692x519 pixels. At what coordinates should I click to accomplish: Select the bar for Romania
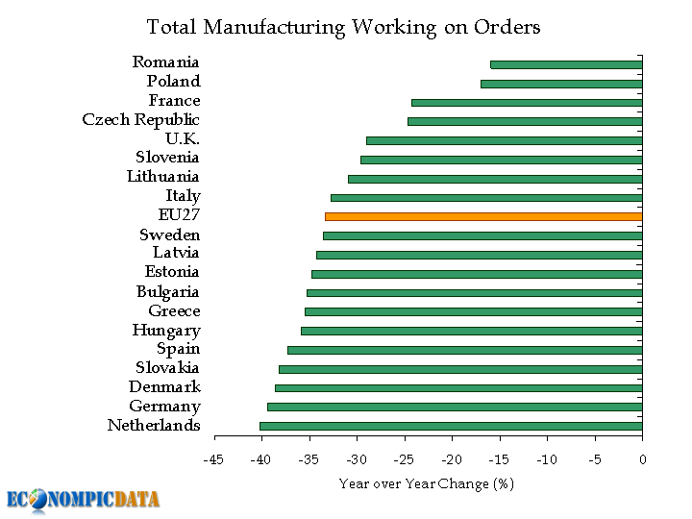click(566, 64)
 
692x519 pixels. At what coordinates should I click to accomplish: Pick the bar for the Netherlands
click(451, 426)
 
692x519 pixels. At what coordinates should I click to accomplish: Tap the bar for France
click(527, 102)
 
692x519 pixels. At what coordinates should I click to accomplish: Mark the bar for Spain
click(464, 350)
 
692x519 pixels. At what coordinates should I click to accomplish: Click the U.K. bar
click(504, 140)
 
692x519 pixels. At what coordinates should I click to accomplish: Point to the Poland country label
click(173, 82)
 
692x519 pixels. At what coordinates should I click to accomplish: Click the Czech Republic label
click(141, 120)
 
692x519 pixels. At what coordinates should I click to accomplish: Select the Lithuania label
click(162, 177)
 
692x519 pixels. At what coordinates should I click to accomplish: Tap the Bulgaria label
click(167, 292)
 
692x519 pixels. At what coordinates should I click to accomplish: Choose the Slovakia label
click(167, 368)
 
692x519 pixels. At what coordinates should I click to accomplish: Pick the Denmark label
click(164, 387)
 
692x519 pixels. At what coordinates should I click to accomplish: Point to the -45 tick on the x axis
click(213, 460)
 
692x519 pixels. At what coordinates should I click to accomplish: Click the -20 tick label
click(452, 460)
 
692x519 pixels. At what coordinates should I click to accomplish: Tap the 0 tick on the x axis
click(642, 460)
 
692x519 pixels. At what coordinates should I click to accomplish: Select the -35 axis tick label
click(309, 460)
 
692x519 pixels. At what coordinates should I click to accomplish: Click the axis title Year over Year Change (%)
click(427, 483)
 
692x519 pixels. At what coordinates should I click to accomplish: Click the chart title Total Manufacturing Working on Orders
click(343, 27)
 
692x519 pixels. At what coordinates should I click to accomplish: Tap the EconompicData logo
click(83, 499)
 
